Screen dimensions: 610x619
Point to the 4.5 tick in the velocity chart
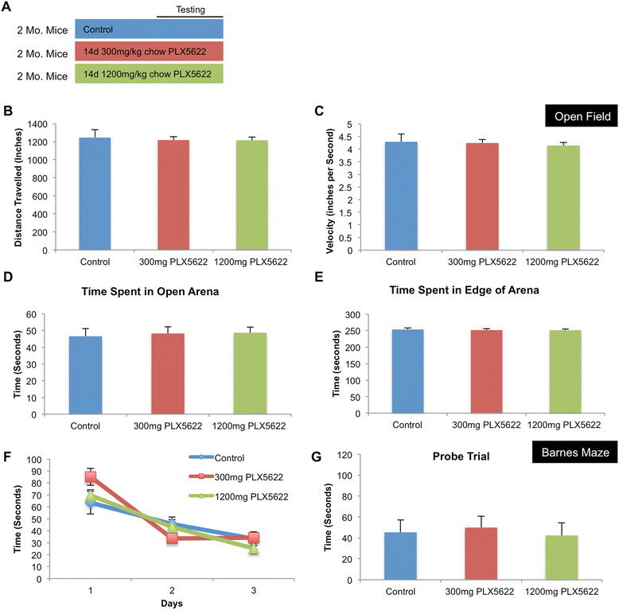pos(352,137)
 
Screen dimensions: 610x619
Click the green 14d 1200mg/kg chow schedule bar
pos(149,75)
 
